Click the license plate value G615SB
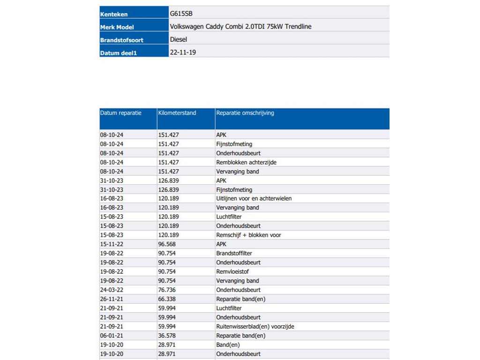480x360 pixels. coord(181,14)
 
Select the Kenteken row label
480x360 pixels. coord(114,15)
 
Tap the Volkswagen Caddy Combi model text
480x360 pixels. coord(240,27)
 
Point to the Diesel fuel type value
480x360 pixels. coord(179,40)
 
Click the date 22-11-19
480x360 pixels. coord(183,52)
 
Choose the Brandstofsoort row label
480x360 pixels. coord(122,40)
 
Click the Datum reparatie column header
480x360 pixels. coord(121,113)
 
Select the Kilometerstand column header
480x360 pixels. coord(177,113)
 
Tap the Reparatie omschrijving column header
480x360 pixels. coord(245,113)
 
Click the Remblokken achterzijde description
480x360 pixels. coord(246,162)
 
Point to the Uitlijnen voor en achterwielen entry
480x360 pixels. coord(254,199)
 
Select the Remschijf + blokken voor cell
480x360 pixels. coord(248,235)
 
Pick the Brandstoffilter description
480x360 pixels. coord(234,254)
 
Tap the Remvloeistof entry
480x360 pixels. coord(232,272)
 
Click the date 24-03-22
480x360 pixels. coord(112,290)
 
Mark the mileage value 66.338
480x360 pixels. coord(167,299)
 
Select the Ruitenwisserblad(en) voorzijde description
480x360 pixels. coord(255,327)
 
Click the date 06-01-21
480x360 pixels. coord(112,336)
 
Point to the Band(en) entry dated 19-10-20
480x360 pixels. coord(228,345)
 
